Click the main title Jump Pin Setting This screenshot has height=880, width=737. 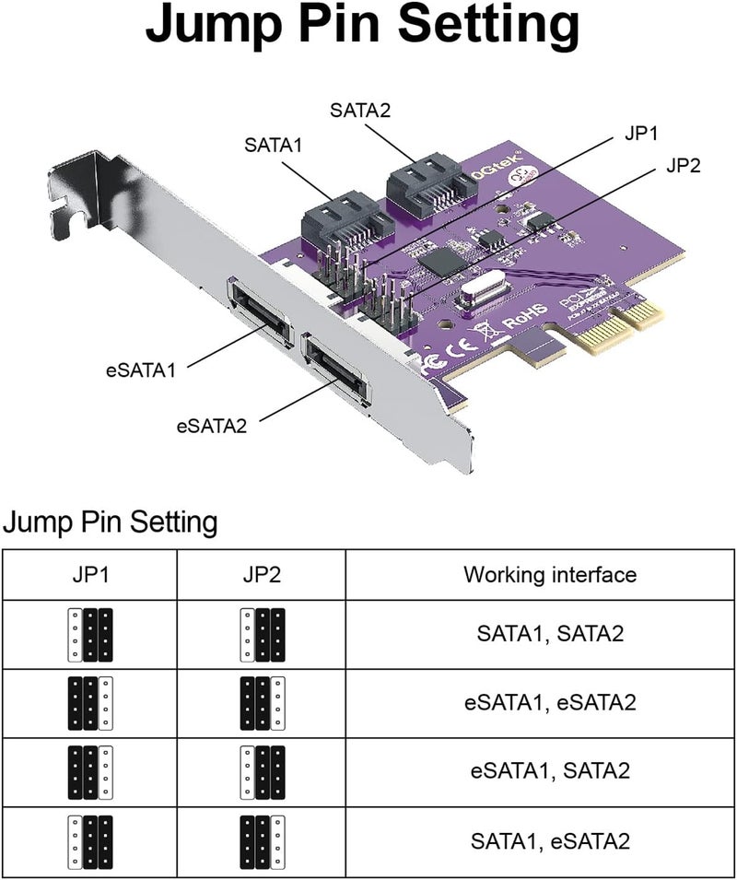pos(363,29)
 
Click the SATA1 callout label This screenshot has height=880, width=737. pos(274,145)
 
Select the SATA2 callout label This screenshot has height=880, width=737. pos(359,111)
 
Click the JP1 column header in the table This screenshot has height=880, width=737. pos(89,575)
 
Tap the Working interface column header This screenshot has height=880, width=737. pos(549,575)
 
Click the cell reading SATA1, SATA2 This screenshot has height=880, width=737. pos(549,634)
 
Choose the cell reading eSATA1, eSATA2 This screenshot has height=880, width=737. pos(549,703)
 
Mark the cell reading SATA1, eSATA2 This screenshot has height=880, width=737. pos(549,840)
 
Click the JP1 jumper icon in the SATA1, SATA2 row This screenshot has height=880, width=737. pos(90,635)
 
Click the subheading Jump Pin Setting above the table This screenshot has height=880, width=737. pos(111,522)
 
